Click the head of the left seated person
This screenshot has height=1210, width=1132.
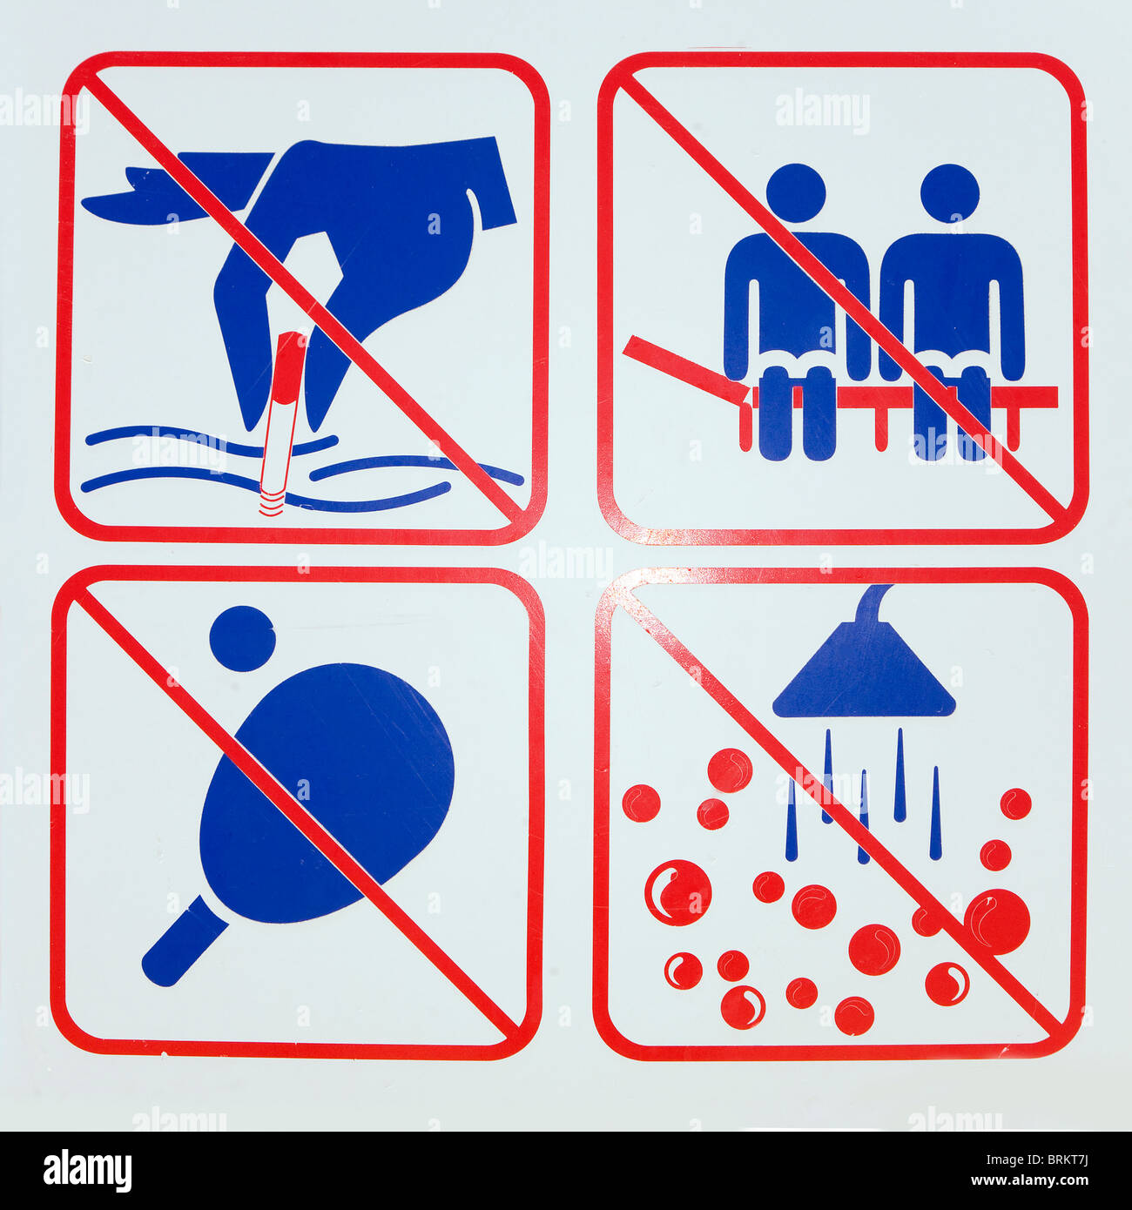click(795, 193)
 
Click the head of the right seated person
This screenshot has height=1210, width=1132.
click(950, 193)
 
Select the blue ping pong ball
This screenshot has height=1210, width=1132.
click(242, 638)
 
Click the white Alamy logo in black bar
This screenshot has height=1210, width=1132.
click(87, 1170)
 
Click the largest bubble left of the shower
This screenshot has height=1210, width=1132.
click(677, 892)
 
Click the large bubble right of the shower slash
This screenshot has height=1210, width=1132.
click(998, 921)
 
